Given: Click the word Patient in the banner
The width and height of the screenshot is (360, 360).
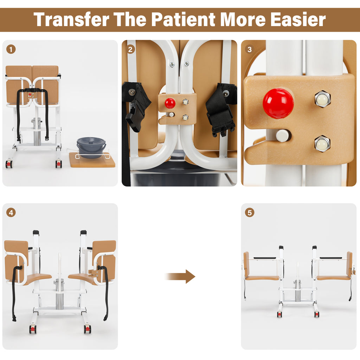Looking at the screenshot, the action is click(183, 20).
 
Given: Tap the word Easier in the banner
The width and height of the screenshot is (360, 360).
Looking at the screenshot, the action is click(298, 20).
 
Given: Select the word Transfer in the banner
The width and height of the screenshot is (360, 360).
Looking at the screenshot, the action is click(71, 20).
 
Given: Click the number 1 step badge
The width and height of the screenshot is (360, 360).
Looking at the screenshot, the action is click(11, 49).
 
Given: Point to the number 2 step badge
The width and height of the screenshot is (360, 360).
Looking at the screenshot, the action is click(130, 49).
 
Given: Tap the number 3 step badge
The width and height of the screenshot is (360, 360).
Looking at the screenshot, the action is click(250, 49).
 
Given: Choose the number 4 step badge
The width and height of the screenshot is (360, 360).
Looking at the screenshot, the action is click(11, 213).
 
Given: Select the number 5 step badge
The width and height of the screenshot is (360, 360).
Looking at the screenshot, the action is click(250, 213).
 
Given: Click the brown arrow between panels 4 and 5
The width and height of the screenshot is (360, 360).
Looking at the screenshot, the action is click(180, 276).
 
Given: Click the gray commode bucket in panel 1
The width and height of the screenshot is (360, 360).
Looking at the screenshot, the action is click(91, 147).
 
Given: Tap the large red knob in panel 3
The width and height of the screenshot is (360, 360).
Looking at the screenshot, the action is click(278, 103).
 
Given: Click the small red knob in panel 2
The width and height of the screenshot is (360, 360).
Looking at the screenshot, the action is click(170, 103).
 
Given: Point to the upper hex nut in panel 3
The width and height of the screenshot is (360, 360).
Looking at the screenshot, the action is click(322, 99).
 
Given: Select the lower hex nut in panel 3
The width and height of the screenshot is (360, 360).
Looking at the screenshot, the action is click(322, 144).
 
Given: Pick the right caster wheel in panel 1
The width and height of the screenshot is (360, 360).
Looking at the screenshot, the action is click(59, 164).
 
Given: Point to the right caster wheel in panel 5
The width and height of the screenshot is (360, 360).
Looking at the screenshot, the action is click(317, 314).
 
